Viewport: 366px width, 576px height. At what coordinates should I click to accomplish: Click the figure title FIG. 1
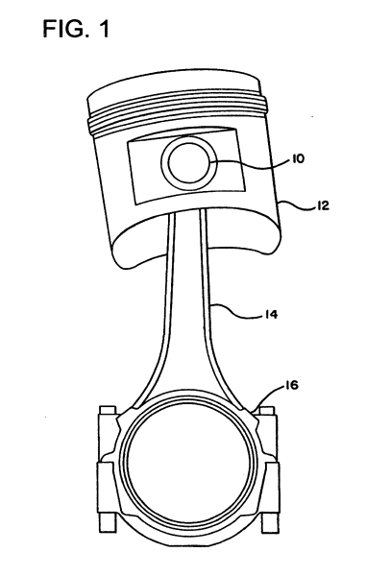point(76,28)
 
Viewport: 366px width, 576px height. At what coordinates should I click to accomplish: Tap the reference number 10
point(298,159)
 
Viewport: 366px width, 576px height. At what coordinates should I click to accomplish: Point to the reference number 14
point(270,315)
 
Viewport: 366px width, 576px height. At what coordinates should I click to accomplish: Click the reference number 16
point(291,385)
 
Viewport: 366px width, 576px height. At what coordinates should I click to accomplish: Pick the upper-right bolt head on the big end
point(266,411)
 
